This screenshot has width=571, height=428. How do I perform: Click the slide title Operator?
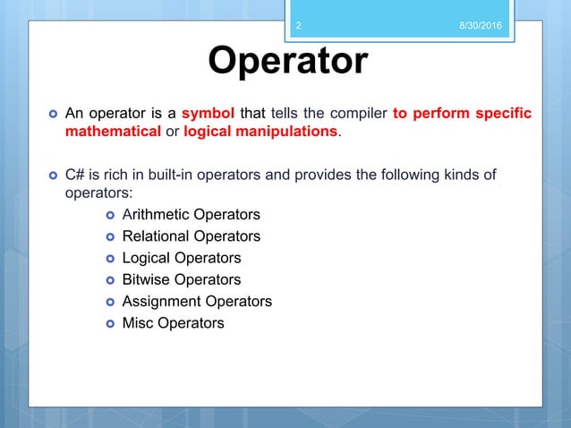[x=286, y=61]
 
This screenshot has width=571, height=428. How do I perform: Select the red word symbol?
[x=208, y=114]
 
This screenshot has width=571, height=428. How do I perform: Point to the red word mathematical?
[x=105, y=133]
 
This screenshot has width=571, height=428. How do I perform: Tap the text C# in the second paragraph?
[x=75, y=175]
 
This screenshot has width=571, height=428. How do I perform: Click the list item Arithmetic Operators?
[x=191, y=215]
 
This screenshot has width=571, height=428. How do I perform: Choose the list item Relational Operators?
[x=191, y=236]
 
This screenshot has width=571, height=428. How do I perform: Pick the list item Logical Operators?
[x=181, y=258]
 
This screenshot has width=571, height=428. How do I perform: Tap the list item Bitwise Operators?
[x=181, y=279]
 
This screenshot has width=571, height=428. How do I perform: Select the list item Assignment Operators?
[x=196, y=301]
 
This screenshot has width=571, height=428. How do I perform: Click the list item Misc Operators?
[x=173, y=322]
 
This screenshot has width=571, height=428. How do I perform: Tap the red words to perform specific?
[x=462, y=114]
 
